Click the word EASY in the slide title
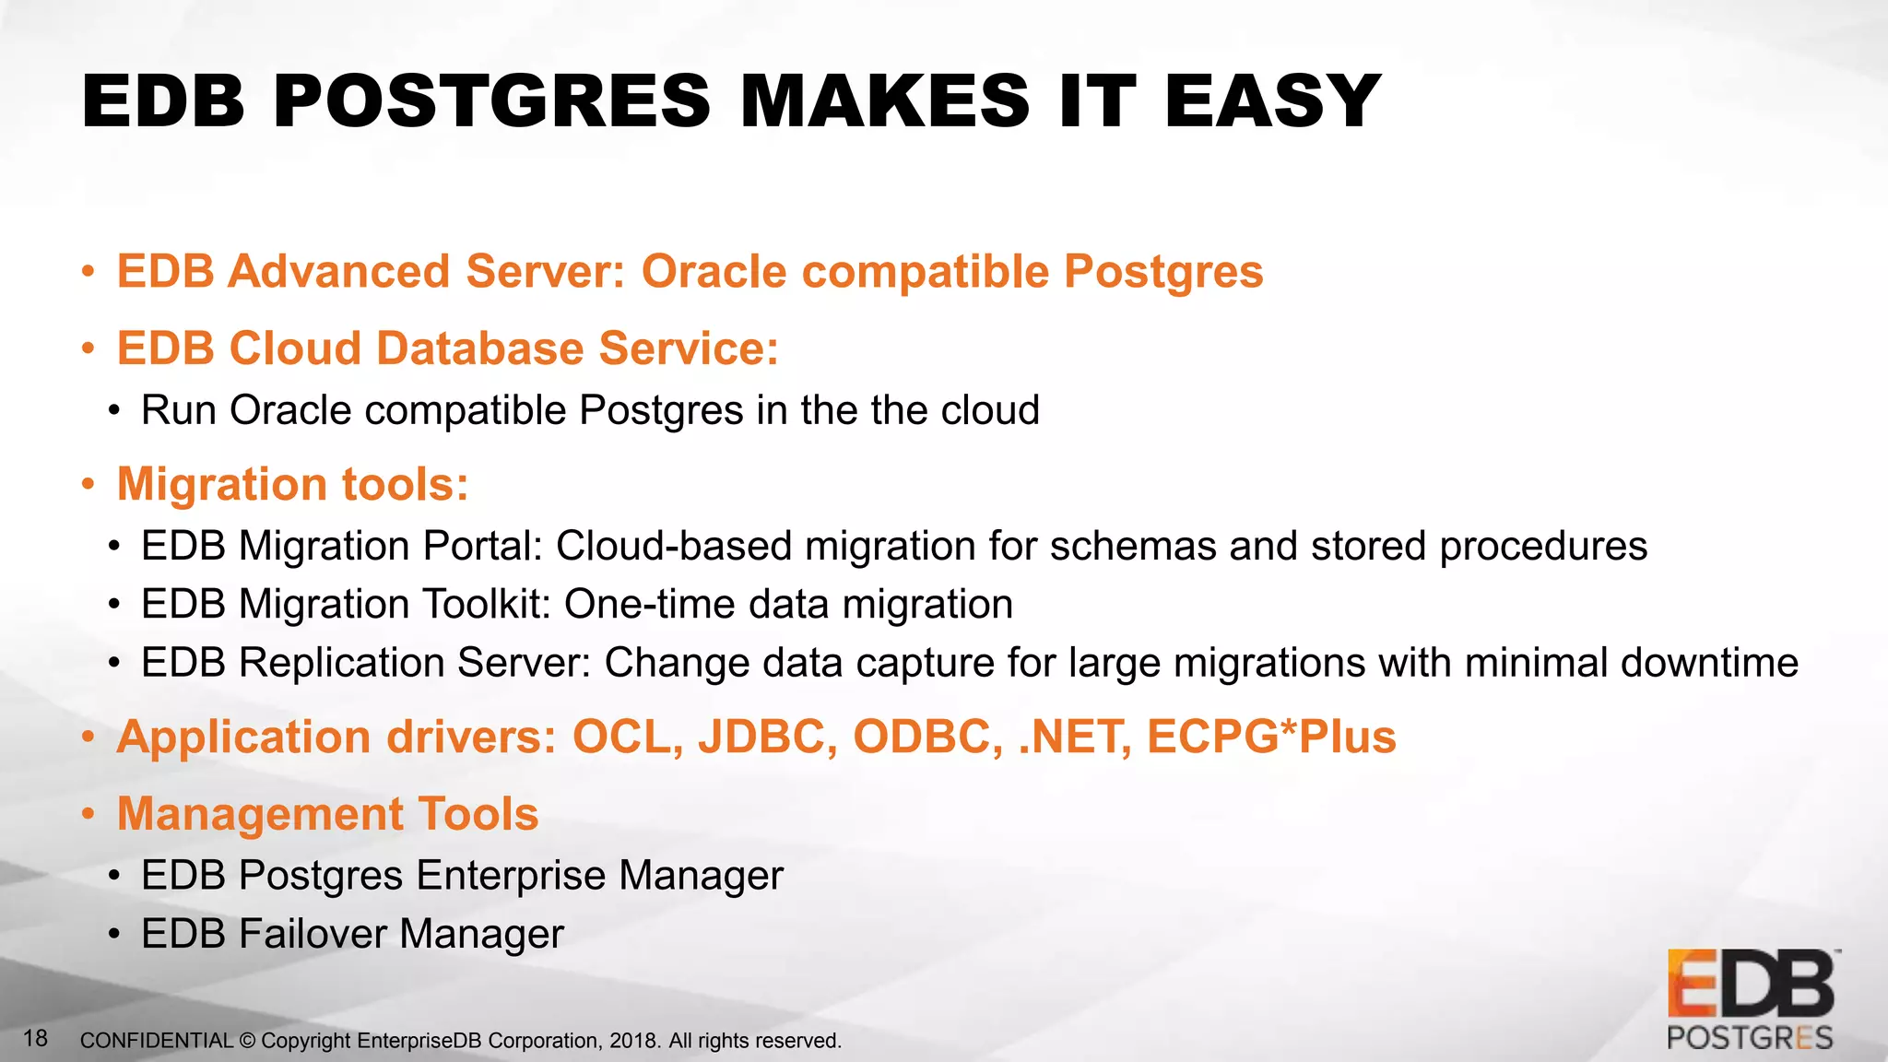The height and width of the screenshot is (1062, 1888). [x=1272, y=101]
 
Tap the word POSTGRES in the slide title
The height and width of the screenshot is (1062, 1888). [x=491, y=101]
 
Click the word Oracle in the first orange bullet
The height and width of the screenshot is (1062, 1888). [x=714, y=272]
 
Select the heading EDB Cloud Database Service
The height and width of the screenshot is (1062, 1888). [x=448, y=348]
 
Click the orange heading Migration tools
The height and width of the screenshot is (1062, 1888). [x=292, y=484]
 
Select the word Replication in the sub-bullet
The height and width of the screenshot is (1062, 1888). [x=342, y=663]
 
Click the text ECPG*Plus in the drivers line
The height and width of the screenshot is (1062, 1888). [x=1271, y=737]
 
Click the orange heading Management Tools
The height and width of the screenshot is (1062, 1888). [x=327, y=814]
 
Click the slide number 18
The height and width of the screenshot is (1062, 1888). [x=35, y=1039]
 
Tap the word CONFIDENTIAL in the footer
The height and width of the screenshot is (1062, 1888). [x=156, y=1041]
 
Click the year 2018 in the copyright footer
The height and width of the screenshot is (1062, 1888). [x=633, y=1041]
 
